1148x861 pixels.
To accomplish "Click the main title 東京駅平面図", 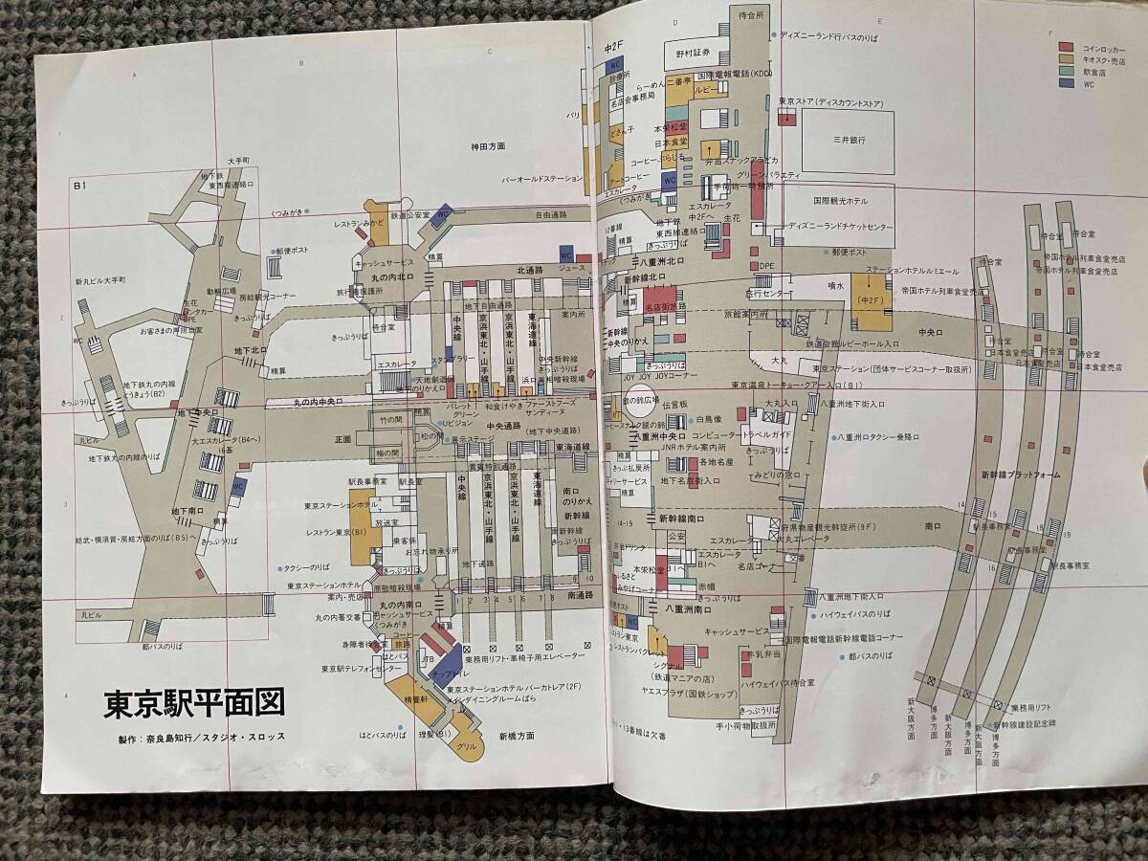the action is pos(195,706).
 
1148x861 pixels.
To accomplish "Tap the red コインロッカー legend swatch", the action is pos(1065,47).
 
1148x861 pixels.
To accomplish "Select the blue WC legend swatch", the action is pos(1065,84).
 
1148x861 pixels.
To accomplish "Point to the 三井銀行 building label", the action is pos(850,140).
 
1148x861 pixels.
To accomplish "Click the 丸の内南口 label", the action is pos(394,606).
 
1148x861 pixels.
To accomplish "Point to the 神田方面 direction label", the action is pos(499,146).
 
